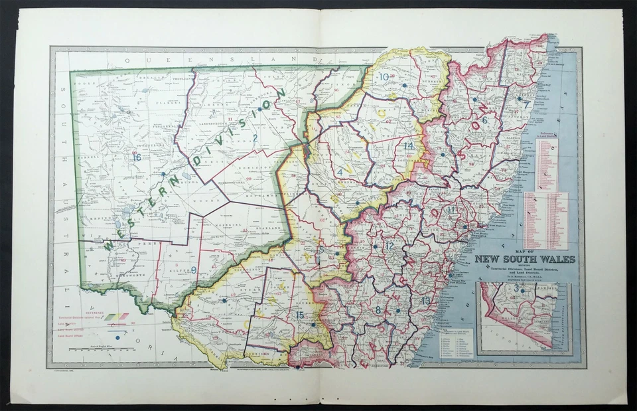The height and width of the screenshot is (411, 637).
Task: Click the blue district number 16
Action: pos(137,157)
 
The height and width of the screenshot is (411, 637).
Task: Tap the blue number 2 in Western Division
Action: pos(255,138)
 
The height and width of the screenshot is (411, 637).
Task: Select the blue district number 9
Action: pos(194,270)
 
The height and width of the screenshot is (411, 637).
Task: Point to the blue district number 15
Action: pos(300,315)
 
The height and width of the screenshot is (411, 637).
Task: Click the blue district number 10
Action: pos(384,77)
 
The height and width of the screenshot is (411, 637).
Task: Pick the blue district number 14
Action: pos(409,145)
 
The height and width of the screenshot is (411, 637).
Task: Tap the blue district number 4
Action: pos(340,172)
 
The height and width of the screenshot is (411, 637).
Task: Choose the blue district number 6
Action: pos(484,120)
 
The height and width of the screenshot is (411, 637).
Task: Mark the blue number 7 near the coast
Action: pos(527,104)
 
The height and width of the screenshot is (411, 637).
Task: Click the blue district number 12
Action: pos(389,246)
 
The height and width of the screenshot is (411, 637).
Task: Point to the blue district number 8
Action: pos(378,309)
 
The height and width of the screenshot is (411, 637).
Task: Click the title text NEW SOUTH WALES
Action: pos(525,259)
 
